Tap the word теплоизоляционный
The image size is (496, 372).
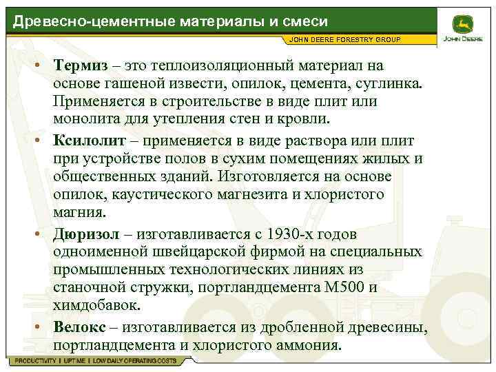[220, 65]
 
